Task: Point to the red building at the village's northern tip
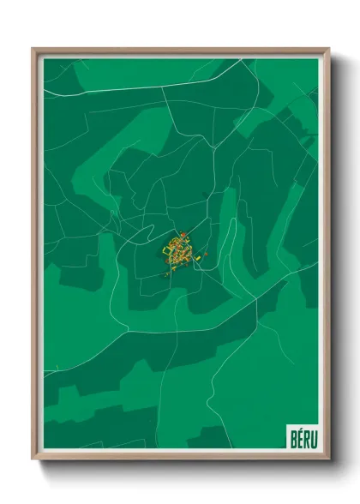pos(181,234)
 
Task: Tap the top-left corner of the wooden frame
pos(33,50)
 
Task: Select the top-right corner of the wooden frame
pos(327,50)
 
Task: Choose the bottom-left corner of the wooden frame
pos(33,457)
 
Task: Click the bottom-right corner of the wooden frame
pos(327,457)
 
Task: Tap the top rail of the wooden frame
pos(180,51)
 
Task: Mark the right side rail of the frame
pos(327,257)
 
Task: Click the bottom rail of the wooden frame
pos(180,456)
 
